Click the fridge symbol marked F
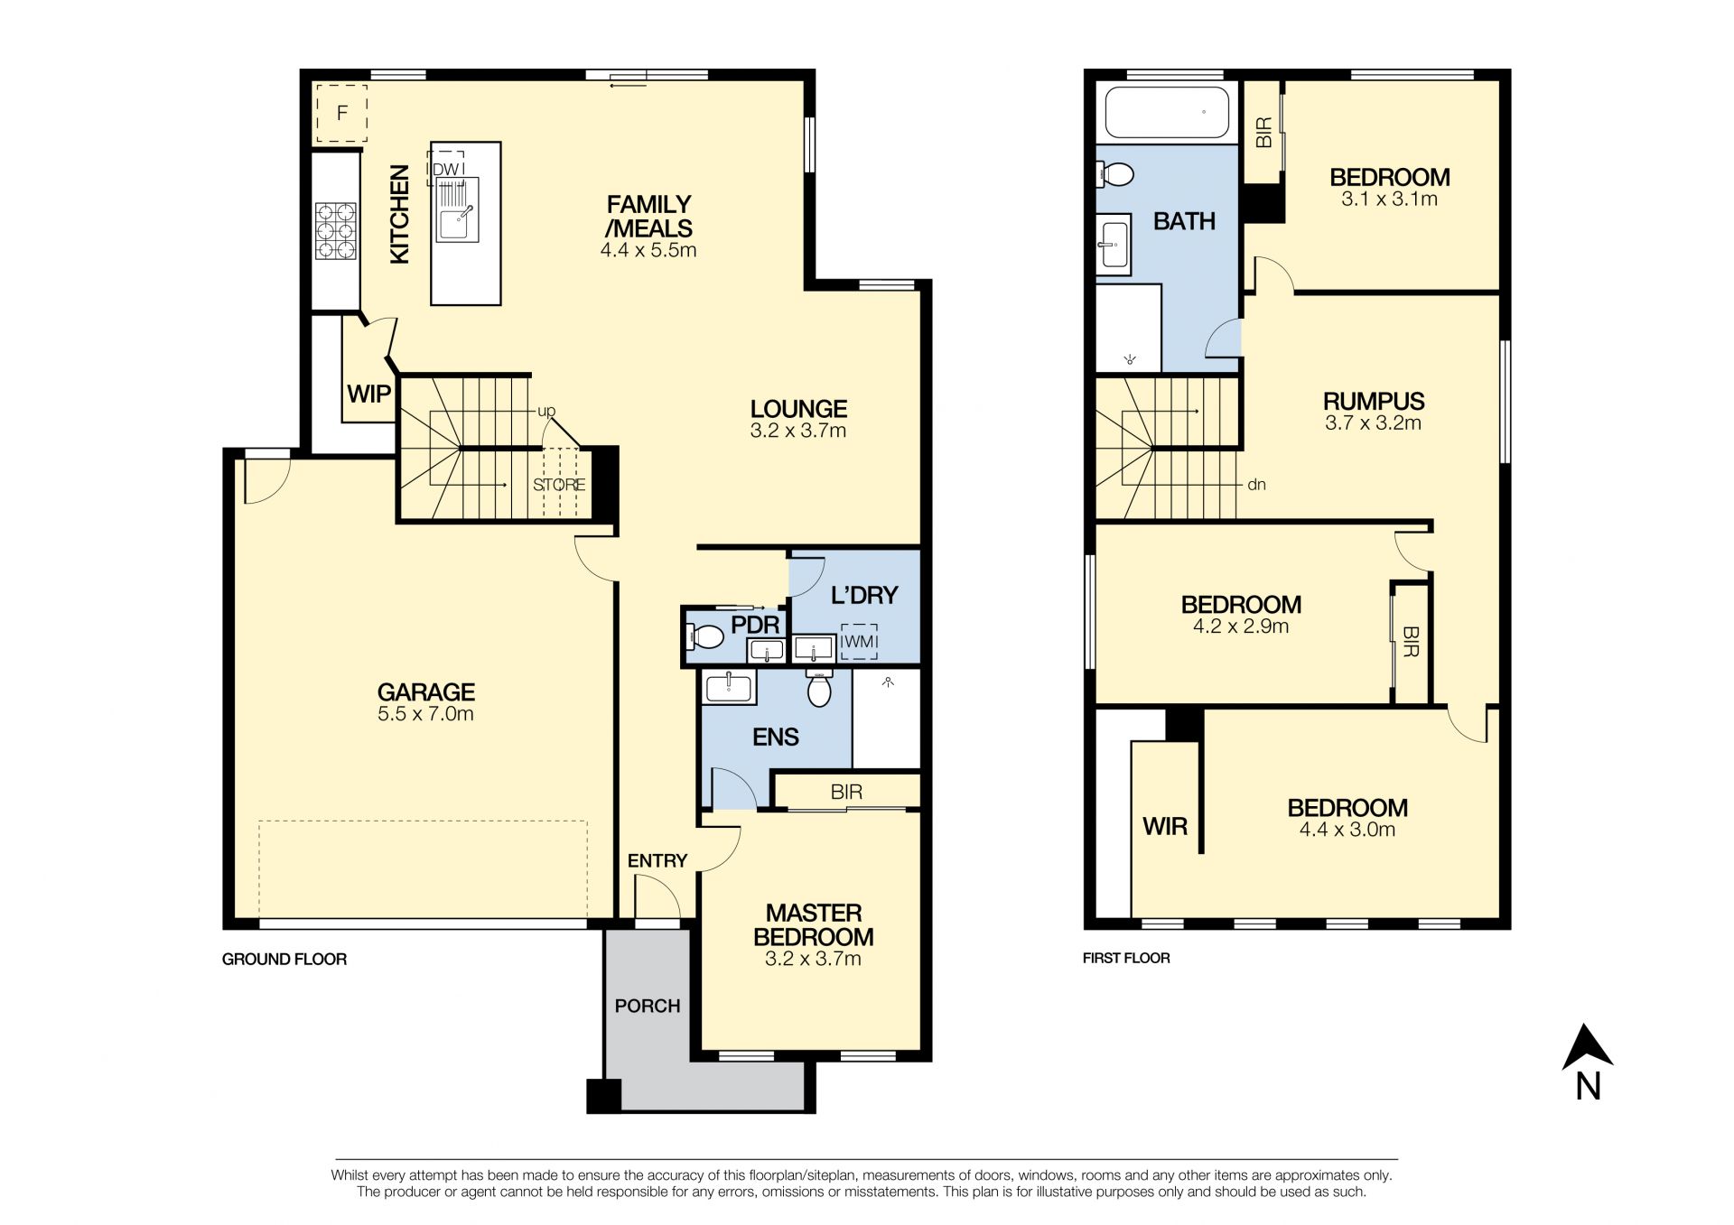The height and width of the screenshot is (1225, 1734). (341, 114)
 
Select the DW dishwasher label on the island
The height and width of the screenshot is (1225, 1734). (446, 169)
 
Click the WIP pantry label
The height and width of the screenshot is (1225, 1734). (368, 394)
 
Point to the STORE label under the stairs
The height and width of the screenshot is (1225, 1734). (559, 485)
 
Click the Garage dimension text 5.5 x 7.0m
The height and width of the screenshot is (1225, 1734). (425, 714)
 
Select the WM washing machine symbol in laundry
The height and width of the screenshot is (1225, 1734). (858, 641)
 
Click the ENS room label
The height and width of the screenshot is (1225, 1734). (775, 738)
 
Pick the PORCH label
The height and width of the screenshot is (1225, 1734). (647, 1006)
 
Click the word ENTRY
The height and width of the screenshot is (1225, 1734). (657, 861)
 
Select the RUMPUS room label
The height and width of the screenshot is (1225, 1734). (1373, 401)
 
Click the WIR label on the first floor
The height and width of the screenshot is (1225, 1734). (1165, 826)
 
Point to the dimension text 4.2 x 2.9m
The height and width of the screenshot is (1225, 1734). (1241, 626)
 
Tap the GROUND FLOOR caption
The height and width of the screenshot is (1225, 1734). (284, 960)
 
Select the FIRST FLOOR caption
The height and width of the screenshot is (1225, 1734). (1126, 959)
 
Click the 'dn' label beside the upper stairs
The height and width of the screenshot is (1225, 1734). (1256, 485)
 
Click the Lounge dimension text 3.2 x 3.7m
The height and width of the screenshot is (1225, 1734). (797, 432)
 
